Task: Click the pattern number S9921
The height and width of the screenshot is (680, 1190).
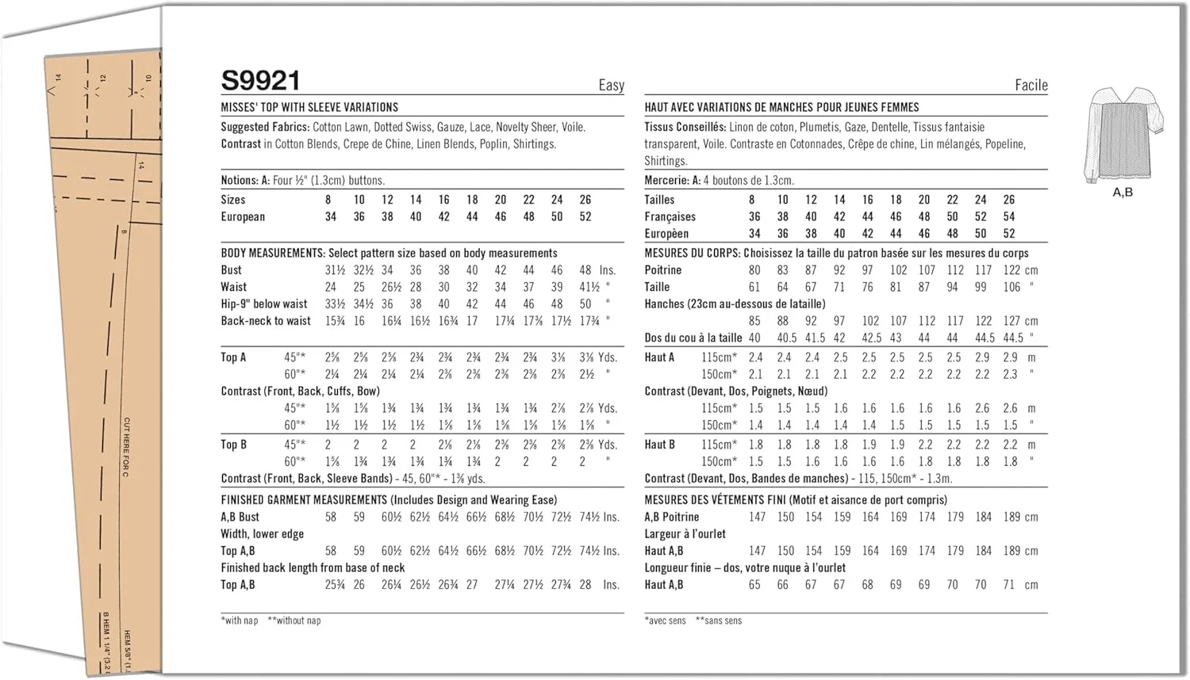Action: coord(260,81)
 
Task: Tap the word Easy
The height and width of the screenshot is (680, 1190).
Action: coord(611,86)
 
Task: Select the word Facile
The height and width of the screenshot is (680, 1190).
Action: coord(1031,86)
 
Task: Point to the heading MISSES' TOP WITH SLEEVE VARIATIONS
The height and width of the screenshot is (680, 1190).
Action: coord(309,107)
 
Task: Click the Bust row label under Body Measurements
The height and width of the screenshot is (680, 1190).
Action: coord(231,270)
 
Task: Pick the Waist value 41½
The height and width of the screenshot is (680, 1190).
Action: coord(589,287)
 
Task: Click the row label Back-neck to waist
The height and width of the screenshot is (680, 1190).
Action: coord(266,321)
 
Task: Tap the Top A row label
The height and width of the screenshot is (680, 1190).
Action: coord(233,357)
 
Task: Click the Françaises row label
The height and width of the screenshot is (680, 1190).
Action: coord(670,216)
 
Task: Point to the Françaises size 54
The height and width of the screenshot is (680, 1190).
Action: coord(1008,216)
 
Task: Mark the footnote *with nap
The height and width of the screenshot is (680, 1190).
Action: coord(240,621)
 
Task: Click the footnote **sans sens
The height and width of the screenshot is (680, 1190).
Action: coord(718,621)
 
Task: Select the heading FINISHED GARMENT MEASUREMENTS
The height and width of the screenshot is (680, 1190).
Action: coord(304,500)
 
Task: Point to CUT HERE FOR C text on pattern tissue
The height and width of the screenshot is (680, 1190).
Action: coord(126,447)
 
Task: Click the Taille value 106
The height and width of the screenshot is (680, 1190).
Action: coord(1011,287)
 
